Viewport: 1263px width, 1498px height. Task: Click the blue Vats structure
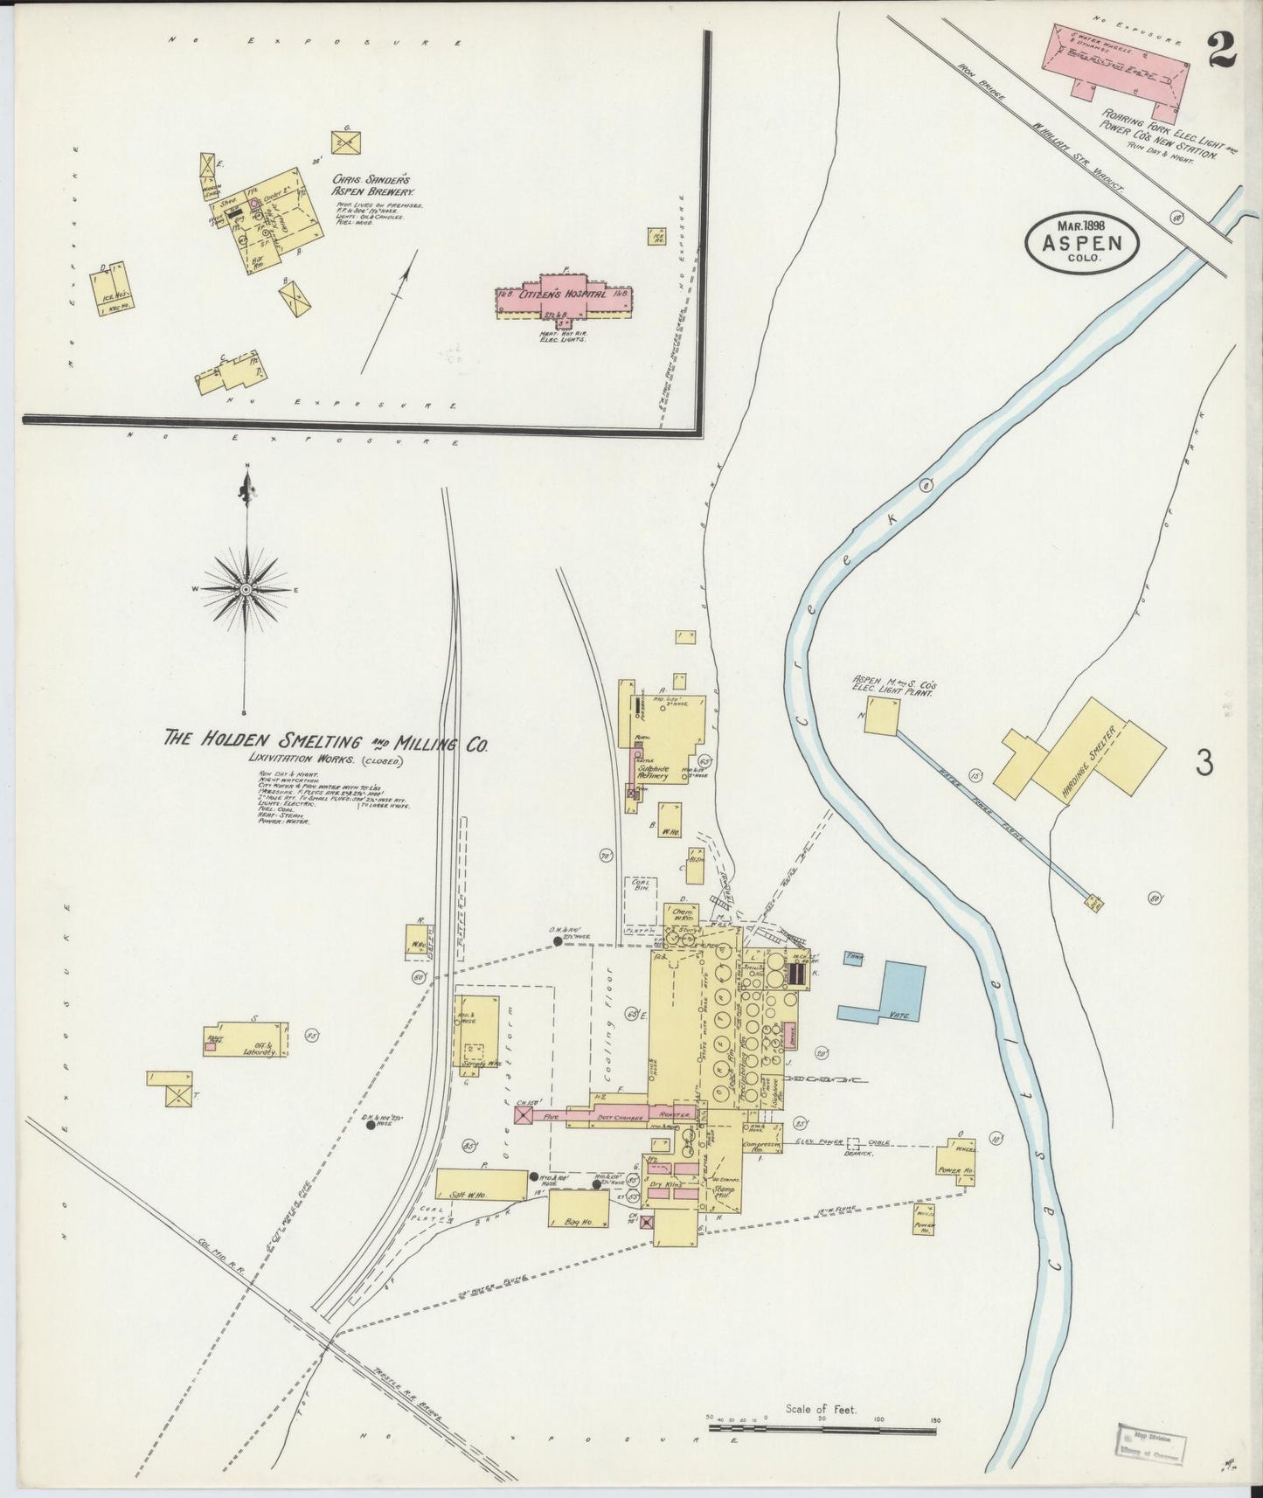point(892,992)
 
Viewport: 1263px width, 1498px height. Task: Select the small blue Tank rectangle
point(855,959)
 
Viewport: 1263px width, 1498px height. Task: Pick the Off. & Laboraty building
point(246,1039)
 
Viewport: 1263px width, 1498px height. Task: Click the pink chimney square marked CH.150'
point(524,1115)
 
